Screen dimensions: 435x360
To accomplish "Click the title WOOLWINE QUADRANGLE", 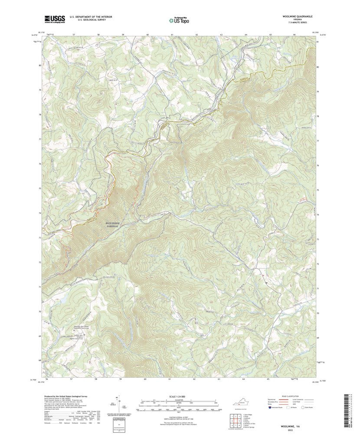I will coord(297,16).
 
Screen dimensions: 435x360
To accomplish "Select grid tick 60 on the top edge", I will coord(147,34).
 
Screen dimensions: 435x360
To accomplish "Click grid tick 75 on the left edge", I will coord(39,189).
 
